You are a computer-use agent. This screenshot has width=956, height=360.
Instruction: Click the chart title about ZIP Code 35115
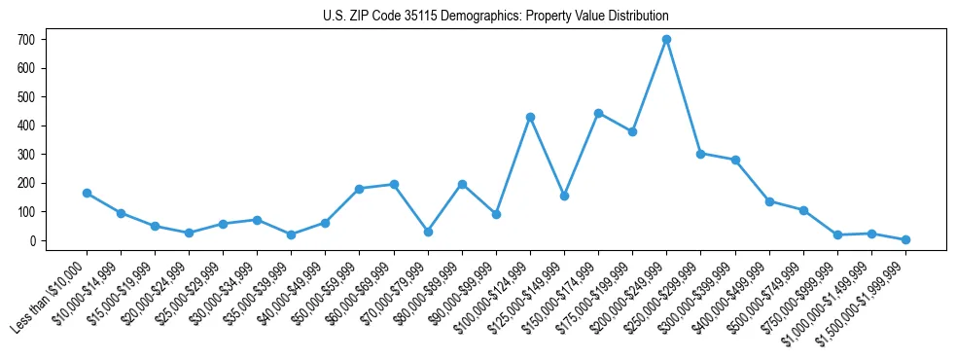coord(496,17)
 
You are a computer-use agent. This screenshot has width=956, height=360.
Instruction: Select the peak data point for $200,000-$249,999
coord(666,40)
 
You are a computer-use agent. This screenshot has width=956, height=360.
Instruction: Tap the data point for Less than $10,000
coord(87,193)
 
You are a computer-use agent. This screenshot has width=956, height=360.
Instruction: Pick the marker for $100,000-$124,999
coord(530,117)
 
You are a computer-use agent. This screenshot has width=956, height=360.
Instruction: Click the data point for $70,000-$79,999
coord(428,232)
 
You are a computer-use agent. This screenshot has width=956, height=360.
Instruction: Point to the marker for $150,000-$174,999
coord(598,113)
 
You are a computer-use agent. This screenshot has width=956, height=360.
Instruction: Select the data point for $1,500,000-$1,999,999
coord(905,239)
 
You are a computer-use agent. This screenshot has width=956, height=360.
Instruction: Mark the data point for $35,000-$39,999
coord(291,234)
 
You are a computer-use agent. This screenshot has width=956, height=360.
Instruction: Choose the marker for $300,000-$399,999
coord(735,160)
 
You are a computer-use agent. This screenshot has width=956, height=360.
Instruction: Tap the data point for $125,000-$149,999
coord(564,196)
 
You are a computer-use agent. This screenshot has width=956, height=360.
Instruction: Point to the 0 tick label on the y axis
coord(32,240)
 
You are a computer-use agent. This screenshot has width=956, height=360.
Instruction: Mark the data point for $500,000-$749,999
coord(803,210)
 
